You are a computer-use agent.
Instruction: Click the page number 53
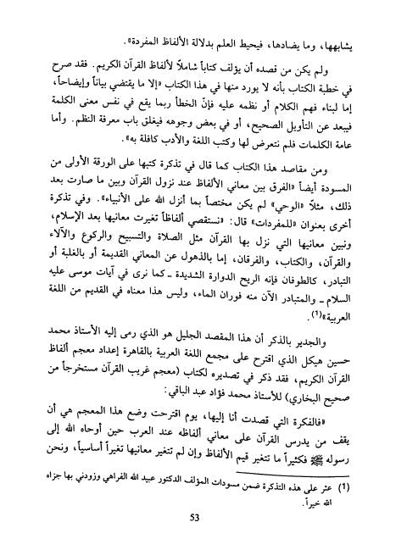coord(204,518)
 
